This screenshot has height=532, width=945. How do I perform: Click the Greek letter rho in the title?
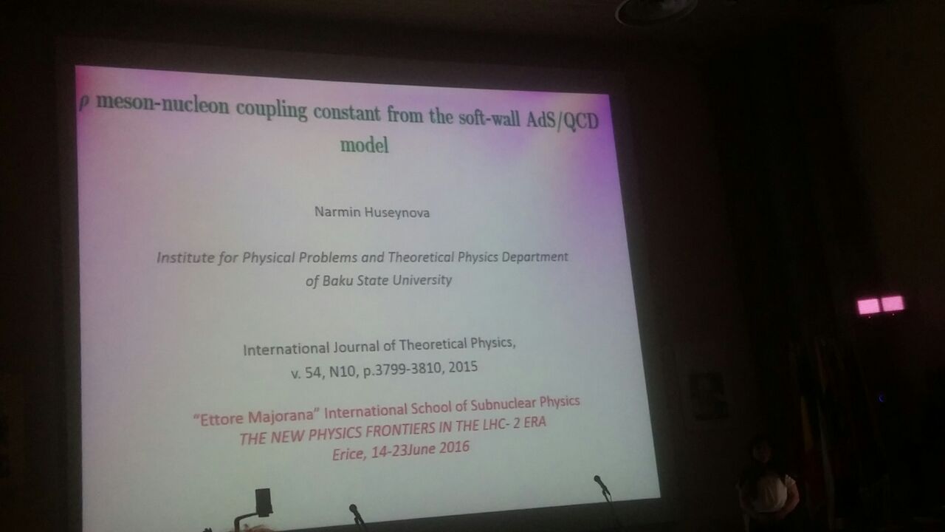pos(84,103)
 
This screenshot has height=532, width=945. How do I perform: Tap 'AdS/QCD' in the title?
pos(563,120)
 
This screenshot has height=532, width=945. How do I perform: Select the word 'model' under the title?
pos(365,145)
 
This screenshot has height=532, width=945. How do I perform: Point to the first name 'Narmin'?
pos(337,211)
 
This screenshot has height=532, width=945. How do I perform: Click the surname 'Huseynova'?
pos(397,212)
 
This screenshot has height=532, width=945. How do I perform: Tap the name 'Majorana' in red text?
pos(281,416)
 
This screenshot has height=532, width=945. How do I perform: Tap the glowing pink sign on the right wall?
pos(881,305)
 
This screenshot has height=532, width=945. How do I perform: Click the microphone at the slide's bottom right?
pos(602,487)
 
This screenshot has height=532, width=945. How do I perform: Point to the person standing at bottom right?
pos(769,485)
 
